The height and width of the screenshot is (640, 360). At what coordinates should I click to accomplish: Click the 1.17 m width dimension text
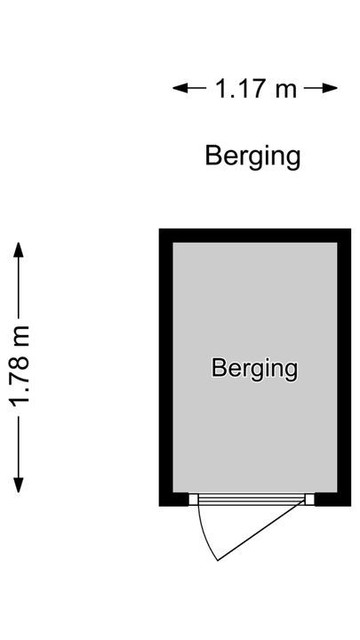[256, 88]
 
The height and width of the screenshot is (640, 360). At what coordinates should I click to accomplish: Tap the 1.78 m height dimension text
[19, 366]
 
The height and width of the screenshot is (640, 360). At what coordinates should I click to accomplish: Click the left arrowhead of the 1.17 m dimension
[180, 88]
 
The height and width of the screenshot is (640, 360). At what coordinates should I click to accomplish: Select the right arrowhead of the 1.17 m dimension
[330, 88]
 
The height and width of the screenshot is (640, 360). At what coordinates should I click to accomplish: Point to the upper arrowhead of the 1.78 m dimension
[19, 250]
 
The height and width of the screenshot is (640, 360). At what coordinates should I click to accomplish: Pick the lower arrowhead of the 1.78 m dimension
[19, 485]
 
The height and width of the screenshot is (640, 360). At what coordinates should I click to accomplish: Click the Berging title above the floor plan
[252, 156]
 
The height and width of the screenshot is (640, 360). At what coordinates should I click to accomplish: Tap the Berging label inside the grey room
[255, 369]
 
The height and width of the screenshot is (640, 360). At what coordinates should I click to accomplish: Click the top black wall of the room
[255, 236]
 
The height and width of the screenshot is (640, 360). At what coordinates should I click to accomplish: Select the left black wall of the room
[165, 367]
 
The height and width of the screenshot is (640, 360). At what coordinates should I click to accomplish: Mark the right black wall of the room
[344, 367]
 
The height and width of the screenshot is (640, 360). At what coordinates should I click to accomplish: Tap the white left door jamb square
[194, 500]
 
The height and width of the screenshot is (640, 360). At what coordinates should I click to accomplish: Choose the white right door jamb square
[310, 500]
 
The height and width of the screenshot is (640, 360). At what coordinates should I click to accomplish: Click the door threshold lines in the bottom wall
[252, 500]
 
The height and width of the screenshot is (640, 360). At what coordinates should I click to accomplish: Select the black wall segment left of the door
[174, 500]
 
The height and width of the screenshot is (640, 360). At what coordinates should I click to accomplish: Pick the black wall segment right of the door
[332, 500]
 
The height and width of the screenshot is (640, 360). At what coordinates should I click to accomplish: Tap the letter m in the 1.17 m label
[286, 91]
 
